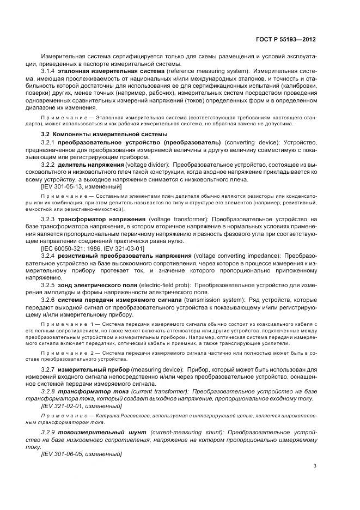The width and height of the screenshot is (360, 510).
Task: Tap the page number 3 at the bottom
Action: point(315,465)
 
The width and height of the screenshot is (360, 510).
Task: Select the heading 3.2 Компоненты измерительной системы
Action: point(105,134)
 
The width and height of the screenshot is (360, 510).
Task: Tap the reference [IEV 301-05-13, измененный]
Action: point(81,187)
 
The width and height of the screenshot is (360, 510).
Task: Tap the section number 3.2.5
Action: point(49,285)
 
